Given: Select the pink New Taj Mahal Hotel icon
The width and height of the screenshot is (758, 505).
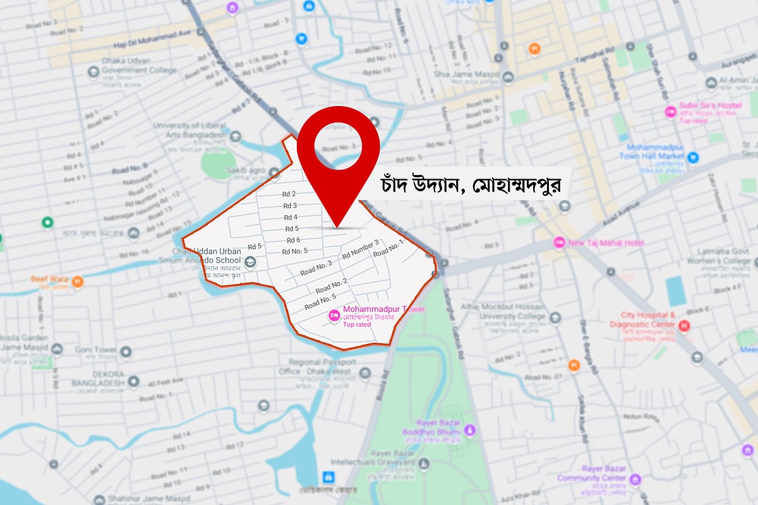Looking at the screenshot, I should pyautogui.click(x=559, y=242).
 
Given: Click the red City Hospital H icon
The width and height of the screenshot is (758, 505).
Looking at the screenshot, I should pyautogui.click(x=684, y=326).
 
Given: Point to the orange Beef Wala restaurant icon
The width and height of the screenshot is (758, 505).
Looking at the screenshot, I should pyautogui.click(x=77, y=282).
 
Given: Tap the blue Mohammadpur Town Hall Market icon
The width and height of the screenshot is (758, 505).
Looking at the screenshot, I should pyautogui.click(x=693, y=157).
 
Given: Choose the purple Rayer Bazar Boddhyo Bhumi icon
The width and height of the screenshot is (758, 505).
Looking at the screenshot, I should pyautogui.click(x=469, y=429).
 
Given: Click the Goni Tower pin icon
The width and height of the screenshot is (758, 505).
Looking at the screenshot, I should pyautogui.click(x=126, y=351).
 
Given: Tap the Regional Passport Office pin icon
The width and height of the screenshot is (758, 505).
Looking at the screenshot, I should pyautogui.click(x=364, y=373).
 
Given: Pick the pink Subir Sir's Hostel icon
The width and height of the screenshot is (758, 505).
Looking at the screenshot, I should pyautogui.click(x=671, y=112).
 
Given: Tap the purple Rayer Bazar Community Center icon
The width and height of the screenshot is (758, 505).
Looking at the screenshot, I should pyautogui.click(x=635, y=480).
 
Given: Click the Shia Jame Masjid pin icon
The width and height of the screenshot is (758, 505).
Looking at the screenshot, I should pyautogui.click(x=508, y=76).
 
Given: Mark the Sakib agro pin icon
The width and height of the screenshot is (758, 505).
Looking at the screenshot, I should pyautogui.click(x=274, y=172).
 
